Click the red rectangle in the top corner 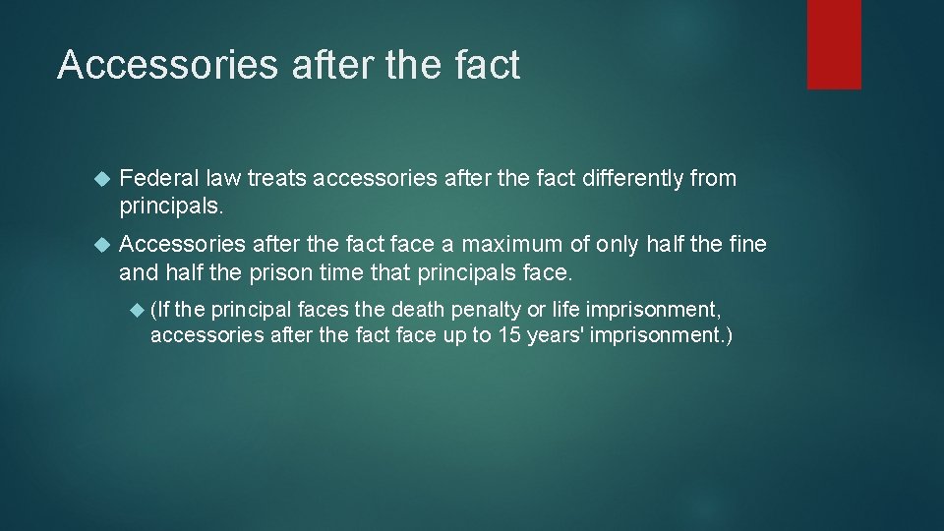(x=834, y=44)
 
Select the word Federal (x=157, y=179)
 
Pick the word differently (x=636, y=179)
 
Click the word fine (x=747, y=243)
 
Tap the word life (x=564, y=310)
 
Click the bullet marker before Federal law (x=99, y=180)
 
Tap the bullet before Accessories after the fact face (x=99, y=244)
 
